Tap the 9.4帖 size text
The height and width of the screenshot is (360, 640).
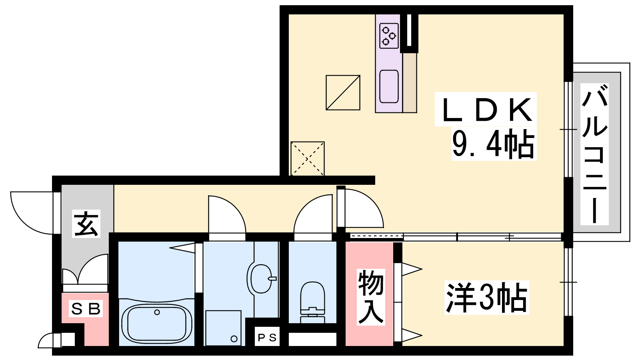coord(494,144)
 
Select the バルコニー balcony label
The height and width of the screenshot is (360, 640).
coord(594,154)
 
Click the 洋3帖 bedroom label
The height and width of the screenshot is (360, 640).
coord(486,298)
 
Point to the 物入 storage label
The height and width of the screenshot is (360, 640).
coord(370,297)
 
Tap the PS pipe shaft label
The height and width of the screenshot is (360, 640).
coord(267,338)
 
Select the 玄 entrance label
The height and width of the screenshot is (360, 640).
coord(86,224)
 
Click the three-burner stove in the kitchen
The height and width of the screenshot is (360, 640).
coord(389,36)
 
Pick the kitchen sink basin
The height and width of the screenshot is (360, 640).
coord(389,86)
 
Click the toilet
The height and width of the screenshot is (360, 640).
coord(312,302)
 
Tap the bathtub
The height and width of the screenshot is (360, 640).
coord(156,323)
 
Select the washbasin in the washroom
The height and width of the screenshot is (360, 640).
coord(260,278)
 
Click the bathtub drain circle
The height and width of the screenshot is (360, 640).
coord(157,312)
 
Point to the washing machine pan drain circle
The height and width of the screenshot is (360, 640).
coord(234,339)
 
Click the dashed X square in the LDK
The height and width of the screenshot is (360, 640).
coord(308,158)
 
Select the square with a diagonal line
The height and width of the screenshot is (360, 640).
coord(343,92)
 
